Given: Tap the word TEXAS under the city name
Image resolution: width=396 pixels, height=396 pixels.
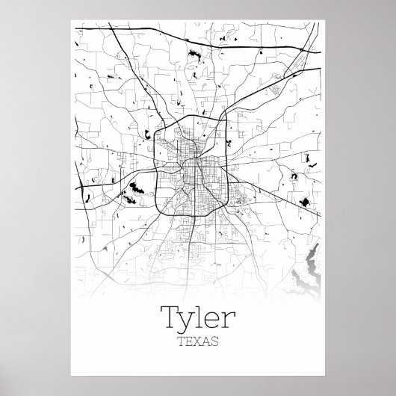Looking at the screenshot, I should (x=198, y=322).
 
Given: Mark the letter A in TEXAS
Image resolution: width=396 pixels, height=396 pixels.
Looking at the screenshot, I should (x=206, y=322).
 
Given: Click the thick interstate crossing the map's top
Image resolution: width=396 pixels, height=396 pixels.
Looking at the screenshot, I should (x=149, y=37).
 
